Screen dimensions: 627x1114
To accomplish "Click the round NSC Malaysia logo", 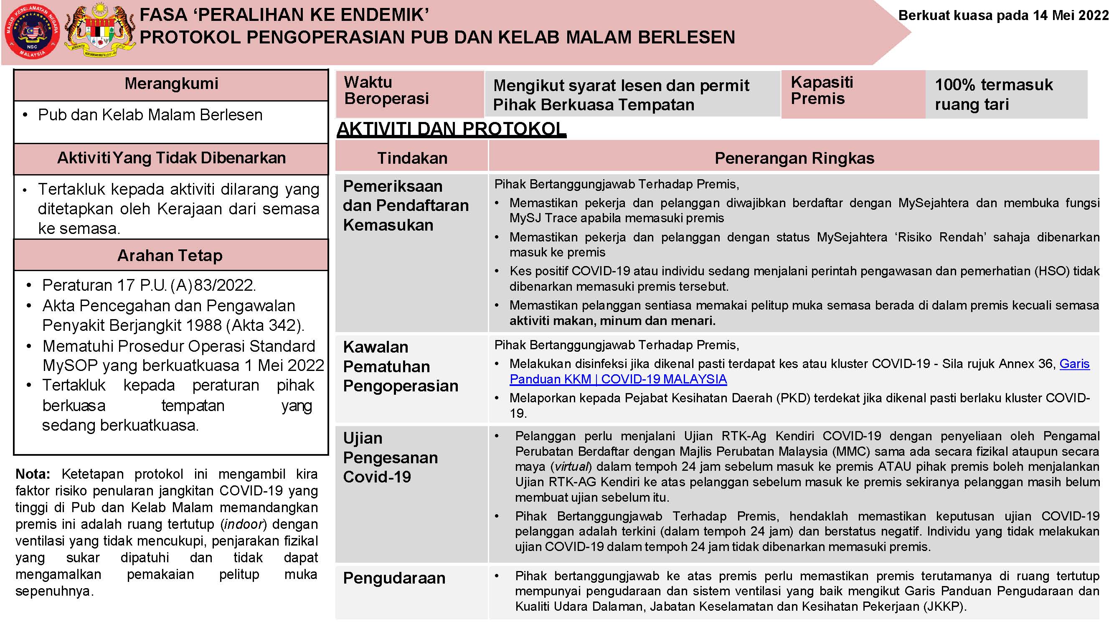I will coord(32,33).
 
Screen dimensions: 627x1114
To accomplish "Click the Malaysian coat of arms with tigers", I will coord(100,33).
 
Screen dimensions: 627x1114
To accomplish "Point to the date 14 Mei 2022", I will coord(1070,15).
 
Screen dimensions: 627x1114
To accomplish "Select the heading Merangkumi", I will coord(171,84).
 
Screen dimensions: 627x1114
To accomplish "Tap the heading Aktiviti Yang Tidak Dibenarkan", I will coord(171,158).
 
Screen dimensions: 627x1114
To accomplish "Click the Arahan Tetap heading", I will coord(170,256).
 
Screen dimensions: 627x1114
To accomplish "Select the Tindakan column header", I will coord(412,158).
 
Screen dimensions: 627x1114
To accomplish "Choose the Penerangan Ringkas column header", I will coord(794,158).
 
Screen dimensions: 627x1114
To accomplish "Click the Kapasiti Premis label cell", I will coord(822,91).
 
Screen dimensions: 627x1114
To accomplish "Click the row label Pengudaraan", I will coord(394,578).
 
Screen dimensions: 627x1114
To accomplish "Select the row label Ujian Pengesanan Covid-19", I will coord(390,457).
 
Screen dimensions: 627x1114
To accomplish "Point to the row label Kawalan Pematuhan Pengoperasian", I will coord(401,367).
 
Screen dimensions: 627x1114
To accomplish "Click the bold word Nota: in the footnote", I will coord(33,474).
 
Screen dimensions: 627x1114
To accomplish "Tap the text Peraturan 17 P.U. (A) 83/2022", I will coord(149,285).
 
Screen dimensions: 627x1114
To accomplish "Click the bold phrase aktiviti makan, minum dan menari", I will coord(612,321).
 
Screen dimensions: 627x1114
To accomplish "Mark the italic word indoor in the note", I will coord(243,525).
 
